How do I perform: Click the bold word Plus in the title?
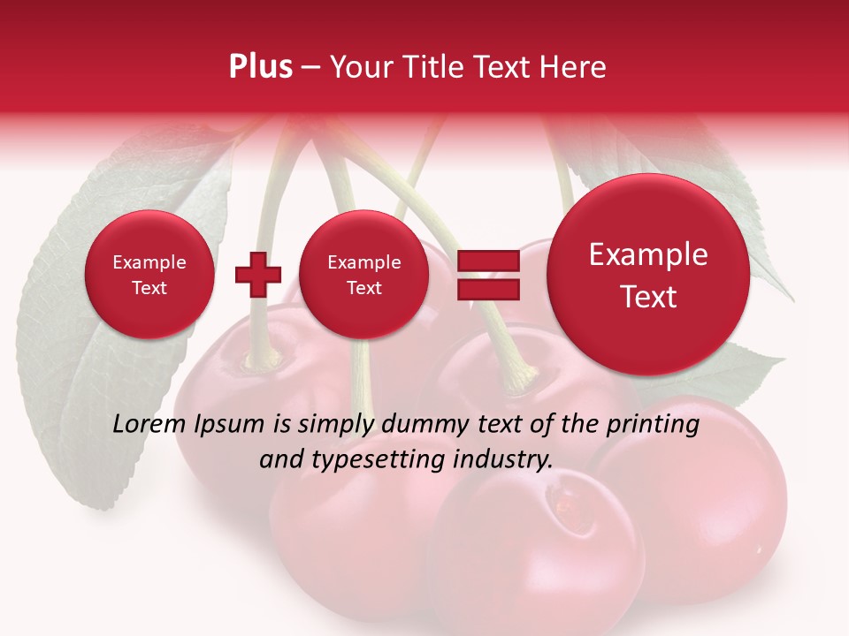[x=260, y=67]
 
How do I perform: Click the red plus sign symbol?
[x=257, y=275]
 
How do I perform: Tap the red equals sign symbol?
[x=487, y=275]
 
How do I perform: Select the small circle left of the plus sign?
[x=149, y=275]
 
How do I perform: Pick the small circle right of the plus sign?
[x=363, y=275]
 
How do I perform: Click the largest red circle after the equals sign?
[x=648, y=275]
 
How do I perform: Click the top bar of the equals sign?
[x=487, y=261]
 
